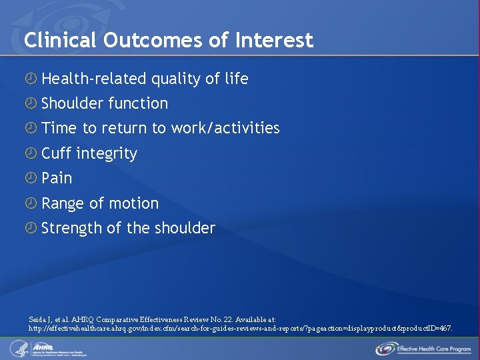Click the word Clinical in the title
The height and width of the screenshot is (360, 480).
[x=61, y=41]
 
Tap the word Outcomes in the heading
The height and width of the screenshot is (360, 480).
[x=154, y=41]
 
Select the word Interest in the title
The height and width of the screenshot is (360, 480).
[x=273, y=41]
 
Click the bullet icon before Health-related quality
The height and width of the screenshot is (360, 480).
[x=30, y=79]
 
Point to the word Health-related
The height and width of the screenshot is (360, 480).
[x=94, y=79]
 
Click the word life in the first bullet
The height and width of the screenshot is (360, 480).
[x=236, y=79]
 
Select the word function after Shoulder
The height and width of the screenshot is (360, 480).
[x=138, y=103]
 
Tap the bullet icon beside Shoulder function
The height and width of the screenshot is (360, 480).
[x=30, y=103]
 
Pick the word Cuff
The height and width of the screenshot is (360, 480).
[x=56, y=153]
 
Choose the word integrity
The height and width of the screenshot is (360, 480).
[x=107, y=153]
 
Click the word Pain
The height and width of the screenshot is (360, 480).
[x=57, y=178]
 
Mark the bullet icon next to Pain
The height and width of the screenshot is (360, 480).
[x=30, y=178]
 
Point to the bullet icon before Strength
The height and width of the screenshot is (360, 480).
[x=30, y=228]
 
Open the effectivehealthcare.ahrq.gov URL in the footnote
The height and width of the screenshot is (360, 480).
[x=240, y=329]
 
